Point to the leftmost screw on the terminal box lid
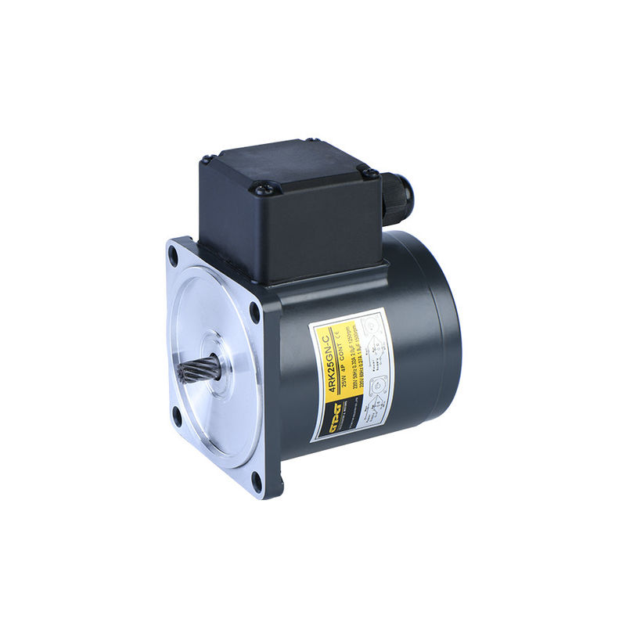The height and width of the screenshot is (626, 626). [x=207, y=160]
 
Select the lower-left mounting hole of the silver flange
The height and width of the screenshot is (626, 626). [x=177, y=417]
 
